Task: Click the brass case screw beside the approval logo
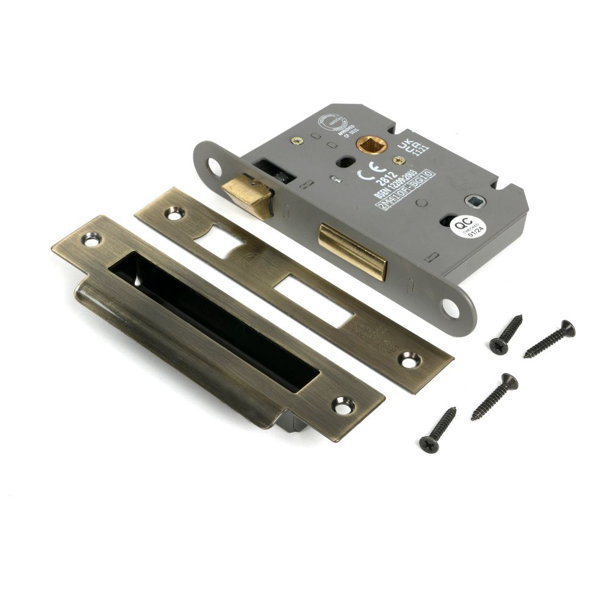[297, 140]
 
